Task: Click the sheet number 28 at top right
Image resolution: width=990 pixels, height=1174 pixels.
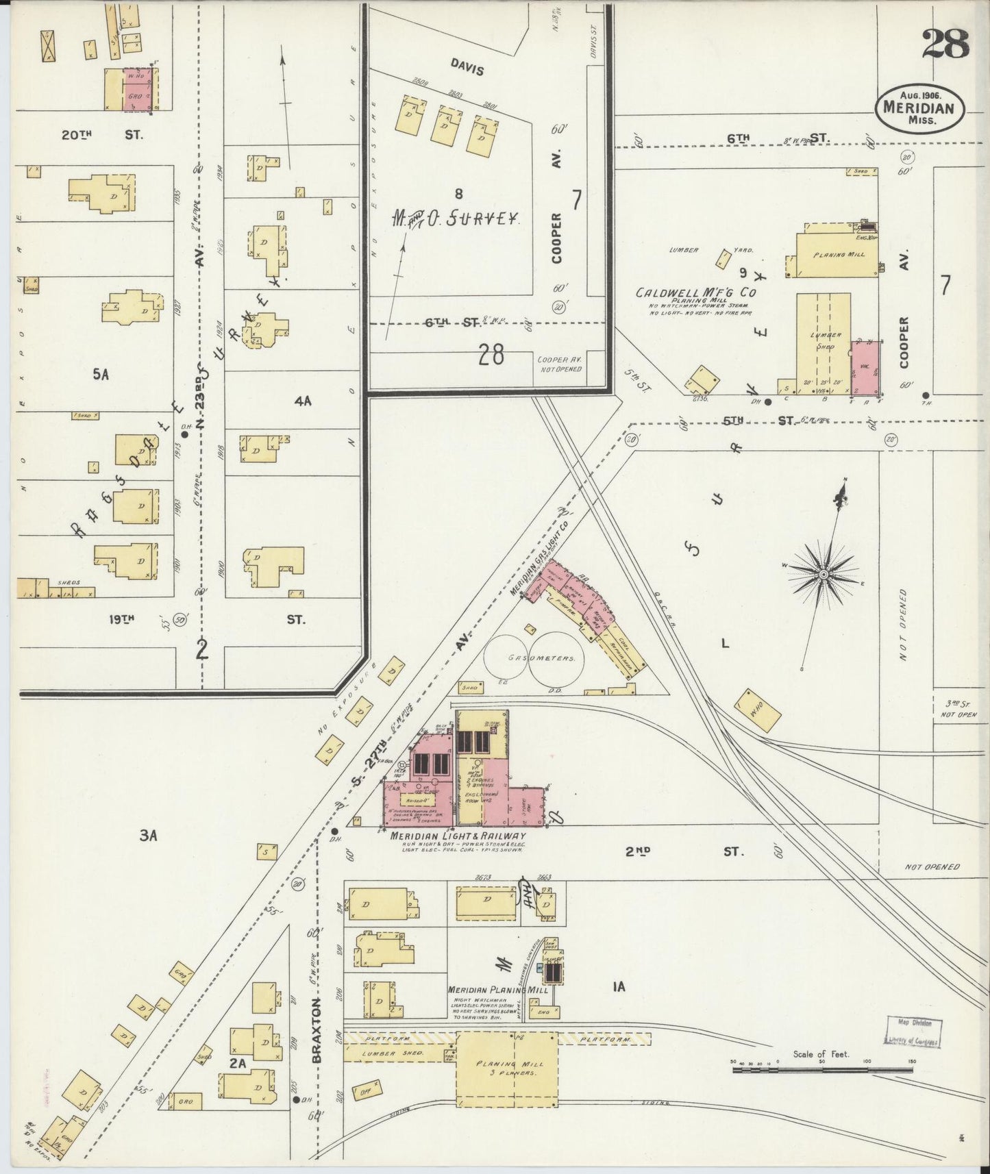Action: (x=945, y=45)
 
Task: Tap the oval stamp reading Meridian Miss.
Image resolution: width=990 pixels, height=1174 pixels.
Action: (x=919, y=109)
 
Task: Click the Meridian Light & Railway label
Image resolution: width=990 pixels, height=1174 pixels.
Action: (x=458, y=836)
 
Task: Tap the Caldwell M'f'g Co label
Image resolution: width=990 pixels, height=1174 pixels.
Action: (x=696, y=292)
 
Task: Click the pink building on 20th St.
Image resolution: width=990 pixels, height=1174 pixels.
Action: (x=139, y=89)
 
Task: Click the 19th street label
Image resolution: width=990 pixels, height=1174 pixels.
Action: (x=121, y=619)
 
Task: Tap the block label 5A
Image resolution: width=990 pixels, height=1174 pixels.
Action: (x=101, y=374)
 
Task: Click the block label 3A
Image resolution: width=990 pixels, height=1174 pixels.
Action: (x=149, y=835)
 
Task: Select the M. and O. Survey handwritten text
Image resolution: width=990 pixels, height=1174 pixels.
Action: (x=454, y=218)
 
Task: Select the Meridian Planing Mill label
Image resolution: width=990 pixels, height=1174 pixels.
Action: (x=488, y=990)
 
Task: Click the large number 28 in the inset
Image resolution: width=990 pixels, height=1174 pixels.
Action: (x=492, y=354)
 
